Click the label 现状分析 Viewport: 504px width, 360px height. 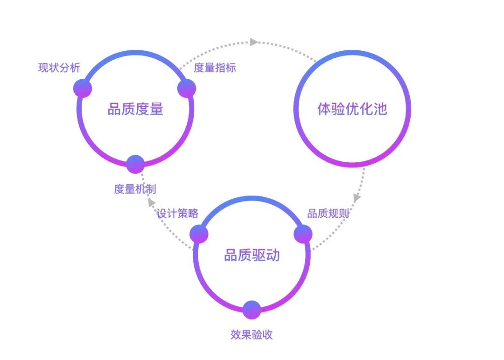(x=59, y=68)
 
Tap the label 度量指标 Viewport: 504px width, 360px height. (x=215, y=68)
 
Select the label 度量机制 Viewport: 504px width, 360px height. (x=135, y=189)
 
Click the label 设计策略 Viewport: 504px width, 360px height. (x=177, y=214)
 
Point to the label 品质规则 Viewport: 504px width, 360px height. (x=328, y=214)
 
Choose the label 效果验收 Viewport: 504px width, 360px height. (x=252, y=335)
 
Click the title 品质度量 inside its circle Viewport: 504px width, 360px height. (x=135, y=110)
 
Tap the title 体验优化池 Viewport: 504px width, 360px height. (x=352, y=110)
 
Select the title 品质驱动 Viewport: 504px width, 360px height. (x=252, y=255)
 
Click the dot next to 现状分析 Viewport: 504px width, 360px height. (x=83, y=88)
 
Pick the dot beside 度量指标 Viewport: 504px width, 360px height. (x=187, y=88)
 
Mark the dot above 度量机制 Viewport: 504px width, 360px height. (x=135, y=164)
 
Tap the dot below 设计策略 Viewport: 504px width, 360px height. (x=199, y=234)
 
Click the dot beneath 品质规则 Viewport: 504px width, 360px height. (x=303, y=234)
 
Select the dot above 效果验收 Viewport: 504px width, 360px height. (x=252, y=310)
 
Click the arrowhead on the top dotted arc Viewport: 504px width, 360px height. (x=253, y=42)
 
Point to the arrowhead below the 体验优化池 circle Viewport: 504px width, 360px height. (x=357, y=198)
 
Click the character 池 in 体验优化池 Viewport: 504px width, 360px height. (x=381, y=110)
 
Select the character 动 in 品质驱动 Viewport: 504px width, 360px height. (x=273, y=255)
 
